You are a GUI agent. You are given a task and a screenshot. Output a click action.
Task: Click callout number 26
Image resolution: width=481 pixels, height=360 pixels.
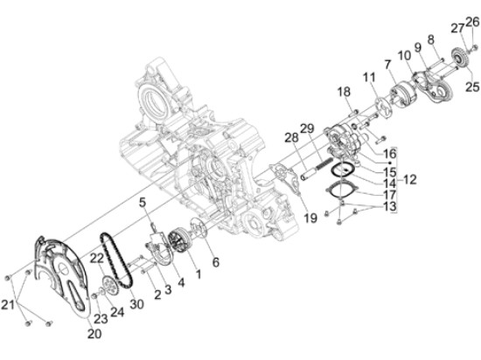point(472,21)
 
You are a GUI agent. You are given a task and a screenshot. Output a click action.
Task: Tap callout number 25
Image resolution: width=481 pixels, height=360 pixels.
point(471,87)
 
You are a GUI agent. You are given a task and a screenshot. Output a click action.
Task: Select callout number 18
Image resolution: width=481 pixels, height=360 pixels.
point(344,92)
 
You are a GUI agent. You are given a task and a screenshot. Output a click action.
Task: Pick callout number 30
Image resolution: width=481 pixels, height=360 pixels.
point(136,304)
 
